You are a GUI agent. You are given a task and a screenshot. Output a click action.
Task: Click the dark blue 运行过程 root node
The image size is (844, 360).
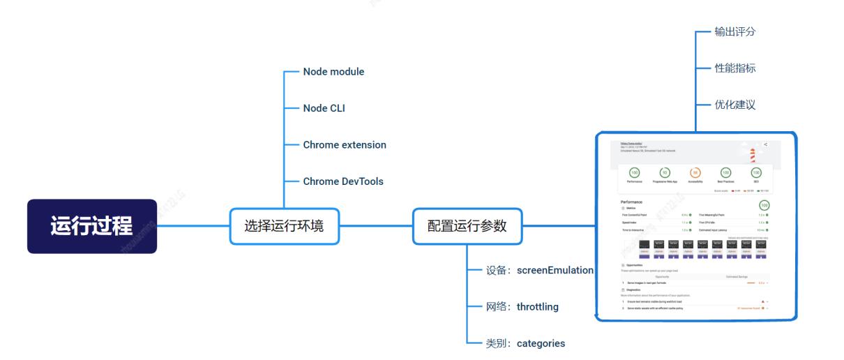(x=92, y=226)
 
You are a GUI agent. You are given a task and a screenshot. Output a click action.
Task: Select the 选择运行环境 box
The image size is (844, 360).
(x=284, y=226)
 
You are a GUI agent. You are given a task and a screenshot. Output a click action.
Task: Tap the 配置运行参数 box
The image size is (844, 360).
(x=467, y=226)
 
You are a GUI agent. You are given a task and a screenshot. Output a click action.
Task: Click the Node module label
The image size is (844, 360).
(x=333, y=72)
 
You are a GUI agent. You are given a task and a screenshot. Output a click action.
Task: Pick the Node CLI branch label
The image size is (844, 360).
(x=324, y=108)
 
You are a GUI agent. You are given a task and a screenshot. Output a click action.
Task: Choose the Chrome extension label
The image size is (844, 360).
(x=345, y=145)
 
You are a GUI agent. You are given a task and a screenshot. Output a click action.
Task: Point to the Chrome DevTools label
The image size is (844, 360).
(x=343, y=181)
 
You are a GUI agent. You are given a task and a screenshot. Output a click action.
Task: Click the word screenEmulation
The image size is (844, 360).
(x=555, y=270)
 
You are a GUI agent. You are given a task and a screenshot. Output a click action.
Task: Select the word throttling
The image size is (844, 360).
(x=538, y=306)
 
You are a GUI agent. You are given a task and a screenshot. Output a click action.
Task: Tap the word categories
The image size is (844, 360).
(x=541, y=343)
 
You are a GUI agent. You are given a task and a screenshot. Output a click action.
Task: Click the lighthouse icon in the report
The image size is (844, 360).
(x=752, y=154)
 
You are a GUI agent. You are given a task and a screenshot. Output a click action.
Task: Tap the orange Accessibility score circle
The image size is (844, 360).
(x=694, y=172)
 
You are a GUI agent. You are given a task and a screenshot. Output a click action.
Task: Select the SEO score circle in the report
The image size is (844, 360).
(x=755, y=172)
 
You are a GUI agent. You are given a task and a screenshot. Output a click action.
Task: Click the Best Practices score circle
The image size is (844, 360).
(x=725, y=172)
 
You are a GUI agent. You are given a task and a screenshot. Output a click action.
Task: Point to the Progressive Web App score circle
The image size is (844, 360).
(x=664, y=172)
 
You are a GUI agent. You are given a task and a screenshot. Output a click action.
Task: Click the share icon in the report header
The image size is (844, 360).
(x=765, y=144)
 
